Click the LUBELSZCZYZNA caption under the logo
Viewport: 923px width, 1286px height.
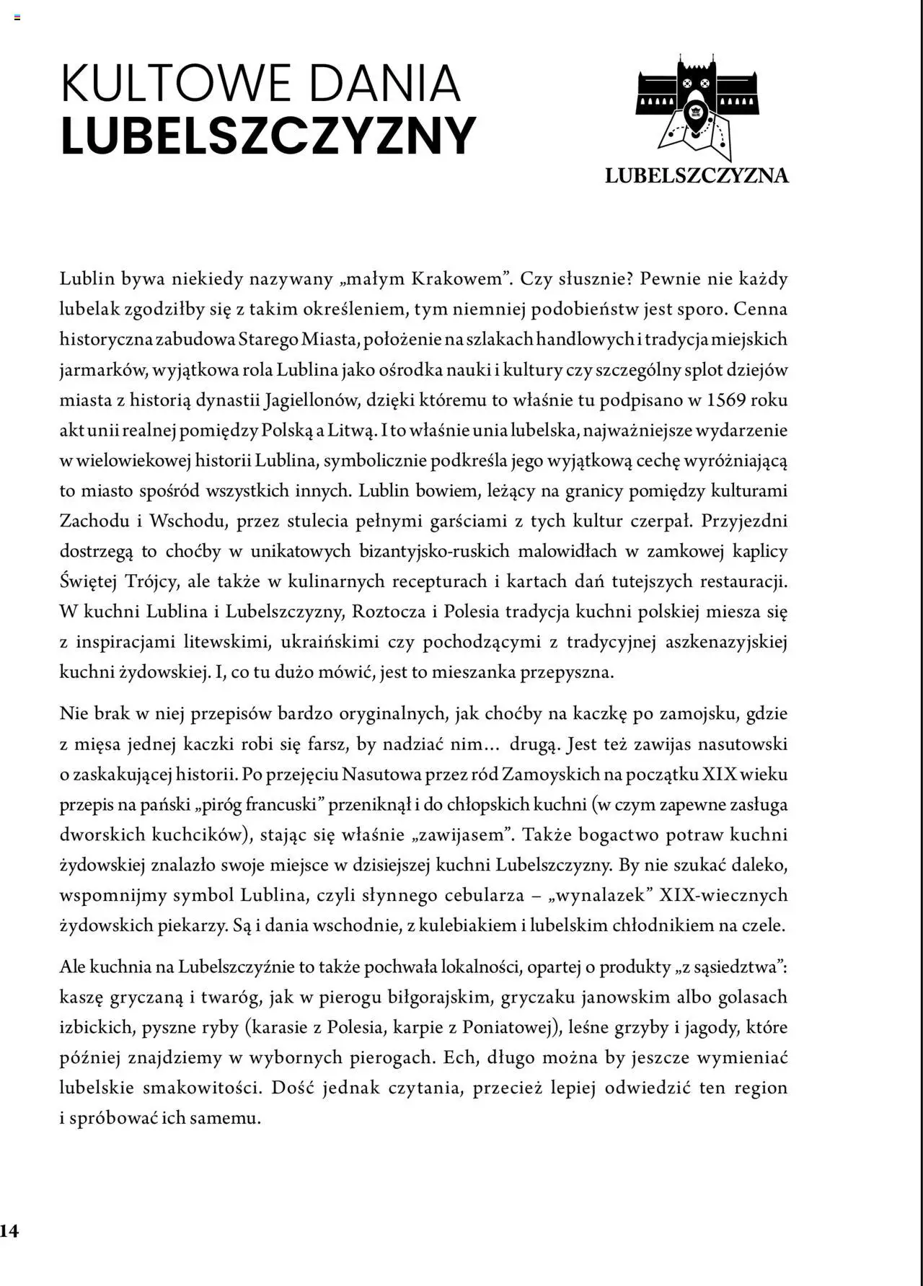click(x=697, y=175)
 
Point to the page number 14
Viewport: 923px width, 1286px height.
click(x=9, y=1230)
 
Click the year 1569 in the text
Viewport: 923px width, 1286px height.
click(x=726, y=400)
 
